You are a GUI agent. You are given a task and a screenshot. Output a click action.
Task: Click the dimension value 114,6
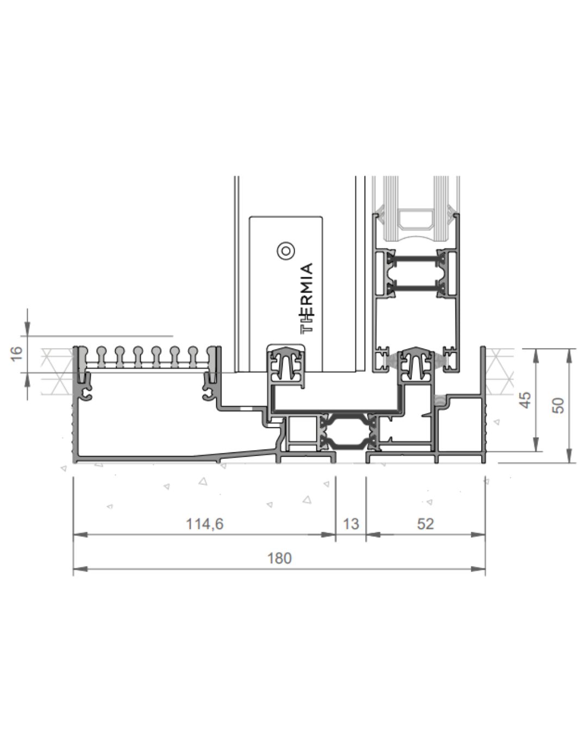pos(204,524)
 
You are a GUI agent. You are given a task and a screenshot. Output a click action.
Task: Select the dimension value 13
pos(351,524)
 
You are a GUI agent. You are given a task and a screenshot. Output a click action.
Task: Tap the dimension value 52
pos(425,524)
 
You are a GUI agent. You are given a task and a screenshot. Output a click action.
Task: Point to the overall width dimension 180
pos(279,558)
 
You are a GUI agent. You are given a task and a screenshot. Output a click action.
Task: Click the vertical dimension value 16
pos(16,354)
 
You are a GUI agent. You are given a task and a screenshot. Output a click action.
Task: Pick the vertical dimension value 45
pos(525,400)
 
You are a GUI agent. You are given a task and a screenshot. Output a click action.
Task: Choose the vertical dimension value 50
pos(558,405)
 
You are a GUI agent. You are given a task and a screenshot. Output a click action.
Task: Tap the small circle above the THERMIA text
pos(286,251)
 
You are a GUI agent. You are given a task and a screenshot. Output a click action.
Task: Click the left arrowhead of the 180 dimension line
pos(80,569)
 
